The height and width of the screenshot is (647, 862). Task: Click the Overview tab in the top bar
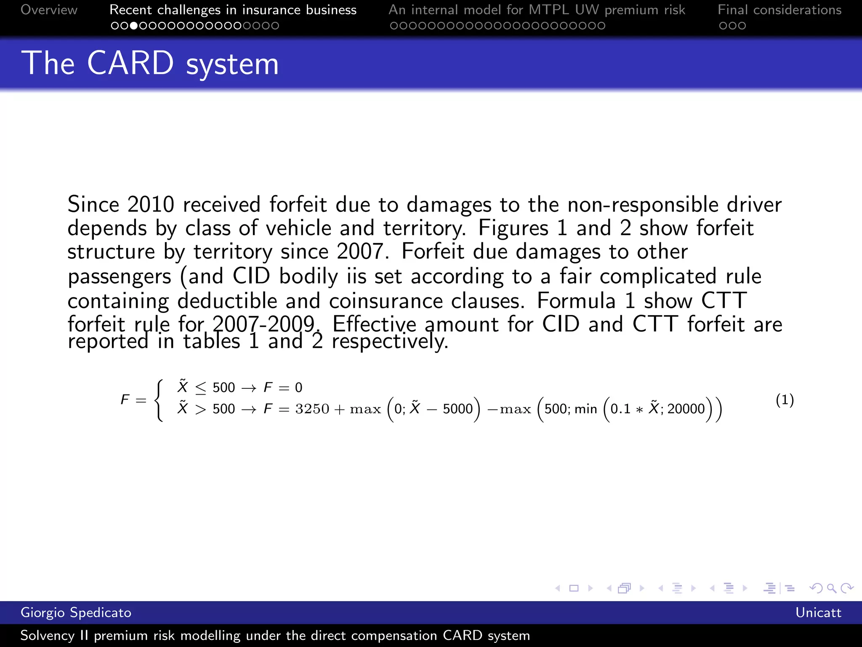coord(49,10)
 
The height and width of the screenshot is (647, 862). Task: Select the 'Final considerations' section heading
coord(780,10)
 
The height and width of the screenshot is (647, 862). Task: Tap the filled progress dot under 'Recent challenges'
coord(134,26)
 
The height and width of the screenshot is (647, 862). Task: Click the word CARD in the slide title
coord(130,63)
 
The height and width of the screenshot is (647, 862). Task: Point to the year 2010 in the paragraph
coord(151,205)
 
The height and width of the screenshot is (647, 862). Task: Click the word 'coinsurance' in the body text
coord(386,301)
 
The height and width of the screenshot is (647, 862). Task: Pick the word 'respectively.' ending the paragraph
coord(390,341)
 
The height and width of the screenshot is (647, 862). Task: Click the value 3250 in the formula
coord(312,409)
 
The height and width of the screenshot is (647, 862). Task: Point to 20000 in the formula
coord(686,409)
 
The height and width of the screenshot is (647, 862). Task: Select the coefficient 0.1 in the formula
coord(620,409)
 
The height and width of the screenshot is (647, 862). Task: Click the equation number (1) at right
coord(785,400)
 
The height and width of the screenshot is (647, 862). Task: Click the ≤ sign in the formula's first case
coord(201,388)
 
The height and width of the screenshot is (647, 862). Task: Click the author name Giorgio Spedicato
coord(76,612)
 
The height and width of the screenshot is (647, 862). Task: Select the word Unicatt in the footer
coord(818,612)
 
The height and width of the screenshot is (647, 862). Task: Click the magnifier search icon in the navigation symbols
coord(831,588)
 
